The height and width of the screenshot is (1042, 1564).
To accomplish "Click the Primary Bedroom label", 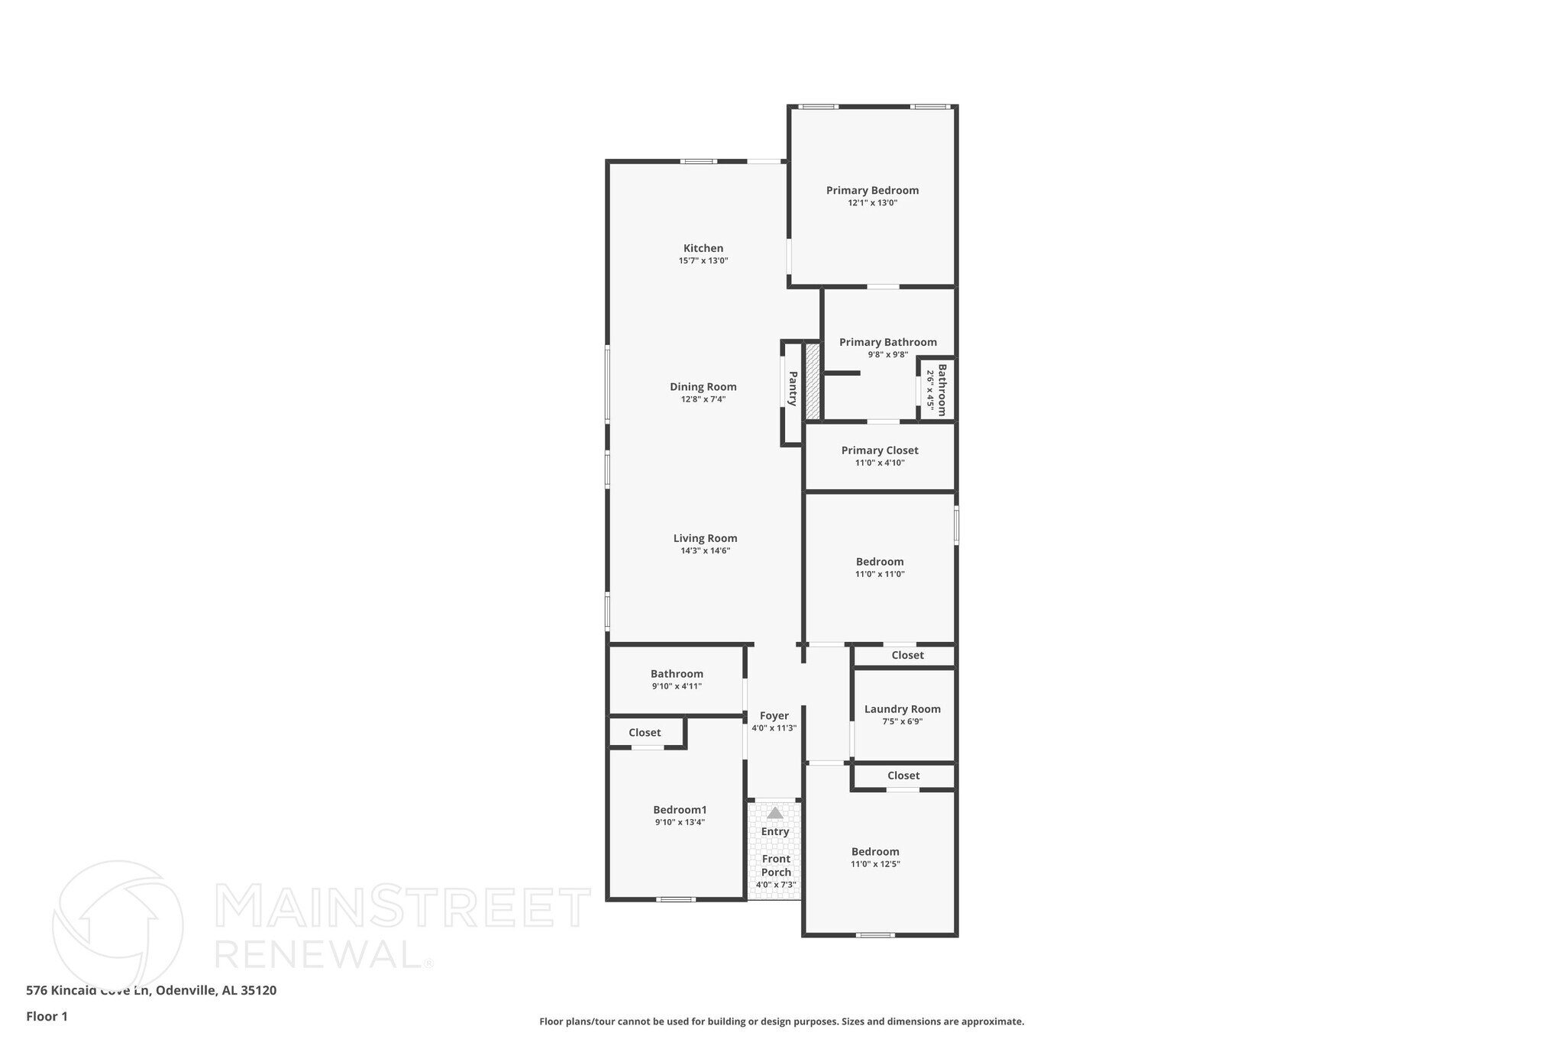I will (x=872, y=190).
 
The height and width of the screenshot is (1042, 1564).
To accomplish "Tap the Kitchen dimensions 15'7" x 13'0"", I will (x=703, y=261).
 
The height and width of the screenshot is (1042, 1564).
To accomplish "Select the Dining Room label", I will (x=703, y=386).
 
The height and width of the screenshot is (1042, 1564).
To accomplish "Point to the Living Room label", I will (x=705, y=538).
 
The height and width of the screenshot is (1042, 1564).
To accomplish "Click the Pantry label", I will (x=793, y=389).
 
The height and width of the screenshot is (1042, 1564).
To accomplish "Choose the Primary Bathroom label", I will (x=887, y=342).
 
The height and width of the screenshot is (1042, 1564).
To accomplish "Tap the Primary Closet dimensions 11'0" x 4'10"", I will (x=880, y=463).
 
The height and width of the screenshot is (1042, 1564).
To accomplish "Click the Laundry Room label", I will (x=902, y=709).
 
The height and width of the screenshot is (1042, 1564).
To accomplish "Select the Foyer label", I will (x=774, y=716).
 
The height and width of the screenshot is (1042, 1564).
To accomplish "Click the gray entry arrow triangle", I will (x=774, y=813).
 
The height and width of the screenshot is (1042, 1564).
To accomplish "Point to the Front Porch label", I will (x=776, y=865).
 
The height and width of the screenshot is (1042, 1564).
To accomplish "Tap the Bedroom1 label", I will (x=680, y=810).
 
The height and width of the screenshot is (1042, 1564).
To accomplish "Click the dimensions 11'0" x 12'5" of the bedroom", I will (x=875, y=864).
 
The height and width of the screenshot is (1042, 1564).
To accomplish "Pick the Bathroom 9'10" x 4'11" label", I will (x=677, y=674).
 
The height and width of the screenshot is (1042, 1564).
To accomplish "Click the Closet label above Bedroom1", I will (x=645, y=733).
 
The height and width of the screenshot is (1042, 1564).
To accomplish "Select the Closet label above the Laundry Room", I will (x=907, y=655).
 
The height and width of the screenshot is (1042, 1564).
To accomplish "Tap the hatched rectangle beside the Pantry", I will (x=813, y=381).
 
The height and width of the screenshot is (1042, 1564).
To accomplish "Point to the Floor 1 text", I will (x=47, y=1016).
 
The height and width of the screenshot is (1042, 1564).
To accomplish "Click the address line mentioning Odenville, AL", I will (x=151, y=990).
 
